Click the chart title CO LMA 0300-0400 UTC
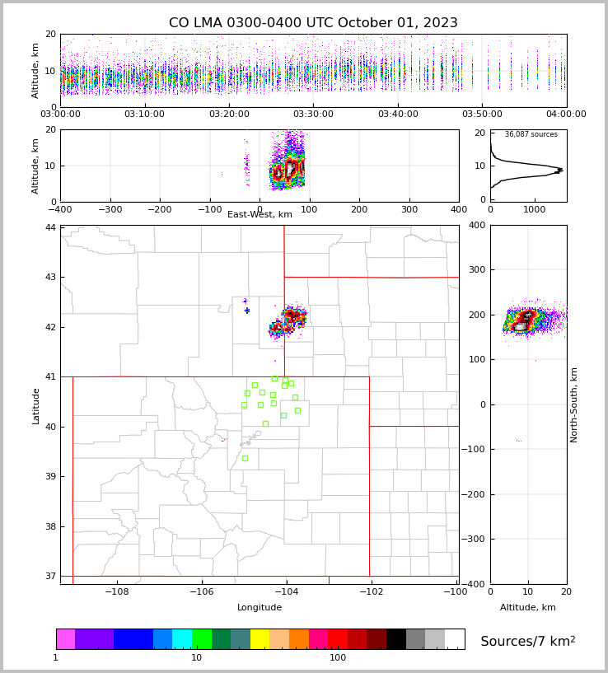313,23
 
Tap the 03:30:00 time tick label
313,115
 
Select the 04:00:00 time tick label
566,115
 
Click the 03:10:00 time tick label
145,115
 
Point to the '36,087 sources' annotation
531,134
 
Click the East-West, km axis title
260,215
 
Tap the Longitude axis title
260,608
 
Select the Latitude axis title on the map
35,405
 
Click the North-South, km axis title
574,404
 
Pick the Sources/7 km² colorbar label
527,641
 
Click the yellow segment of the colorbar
260,639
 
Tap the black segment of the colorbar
396,639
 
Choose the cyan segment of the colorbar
181,639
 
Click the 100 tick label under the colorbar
338,657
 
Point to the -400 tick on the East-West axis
60,210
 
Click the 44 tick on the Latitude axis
51,227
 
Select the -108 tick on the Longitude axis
116,591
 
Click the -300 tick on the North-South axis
475,540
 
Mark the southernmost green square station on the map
245,458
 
